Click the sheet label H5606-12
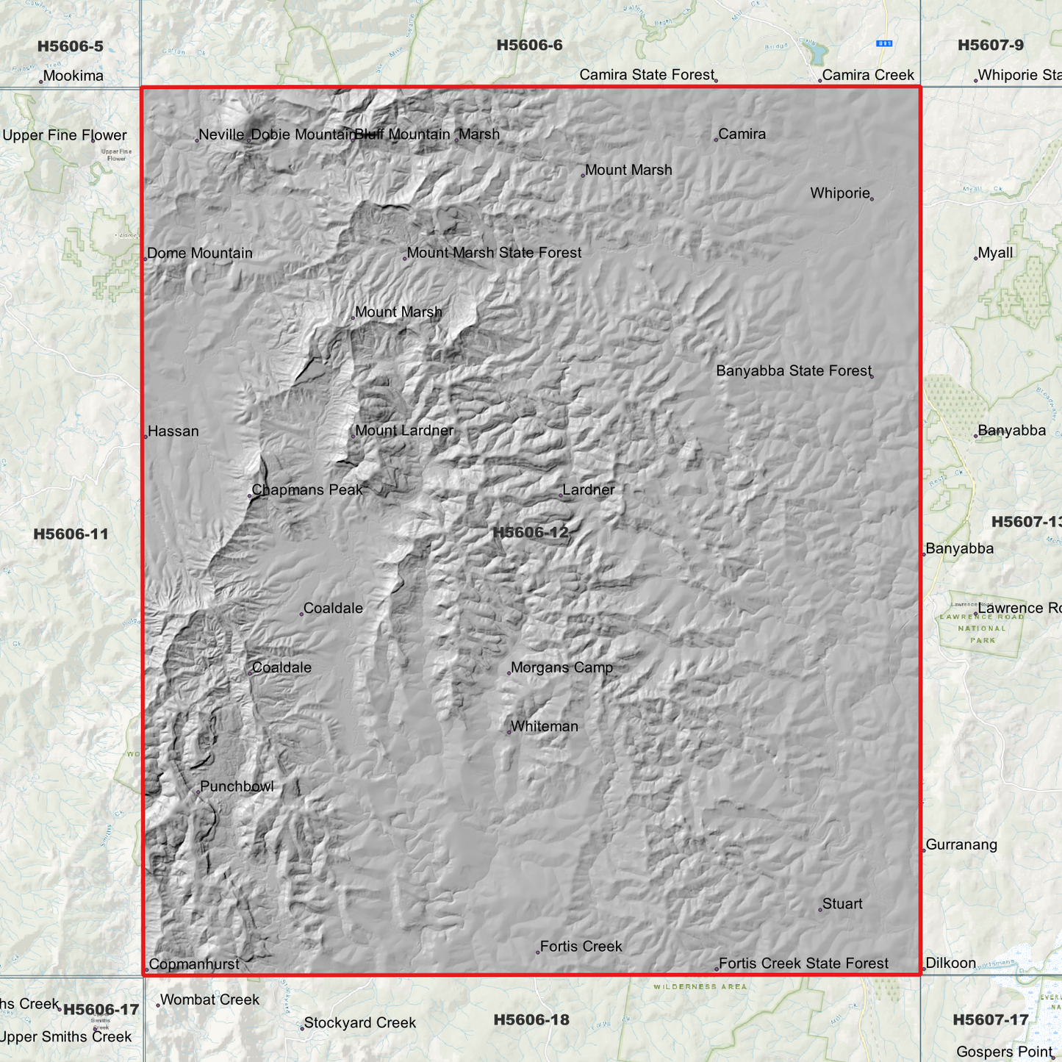530,532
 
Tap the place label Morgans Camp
562,667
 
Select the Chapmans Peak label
306,489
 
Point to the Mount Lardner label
404,431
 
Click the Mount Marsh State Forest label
494,253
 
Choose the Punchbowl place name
237,786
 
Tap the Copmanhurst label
194,964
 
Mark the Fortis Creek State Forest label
803,964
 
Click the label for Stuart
842,904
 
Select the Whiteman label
545,726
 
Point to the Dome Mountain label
200,254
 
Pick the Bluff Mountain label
403,134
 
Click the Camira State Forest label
647,75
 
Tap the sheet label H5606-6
529,46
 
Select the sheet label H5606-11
71,534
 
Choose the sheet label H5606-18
531,1019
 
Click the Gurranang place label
961,844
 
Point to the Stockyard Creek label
360,1023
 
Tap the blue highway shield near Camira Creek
885,43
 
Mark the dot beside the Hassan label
146,437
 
